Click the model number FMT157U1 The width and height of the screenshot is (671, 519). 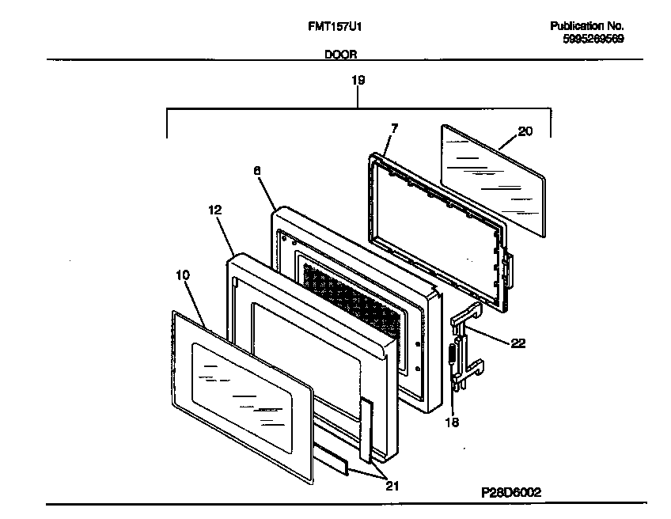[335, 26]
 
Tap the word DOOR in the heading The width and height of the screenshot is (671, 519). [339, 55]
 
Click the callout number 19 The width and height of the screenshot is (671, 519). [358, 80]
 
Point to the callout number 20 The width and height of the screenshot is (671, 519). [525, 131]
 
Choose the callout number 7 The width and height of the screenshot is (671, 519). [394, 128]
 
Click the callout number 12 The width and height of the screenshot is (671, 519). [214, 210]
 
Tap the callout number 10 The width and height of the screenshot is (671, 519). [182, 275]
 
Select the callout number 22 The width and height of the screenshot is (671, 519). [517, 343]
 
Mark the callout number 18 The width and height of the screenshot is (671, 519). [451, 422]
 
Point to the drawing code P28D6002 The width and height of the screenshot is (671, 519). [511, 491]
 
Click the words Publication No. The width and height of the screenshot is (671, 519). [587, 26]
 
